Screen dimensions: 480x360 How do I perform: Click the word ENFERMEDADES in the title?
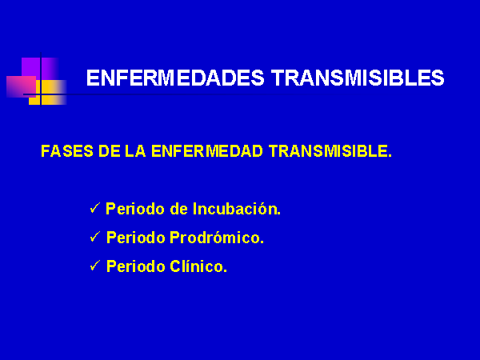[175, 78]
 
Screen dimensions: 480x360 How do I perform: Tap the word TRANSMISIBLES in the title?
[358, 78]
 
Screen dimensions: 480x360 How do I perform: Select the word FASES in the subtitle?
[67, 151]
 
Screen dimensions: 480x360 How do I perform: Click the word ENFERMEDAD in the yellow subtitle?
[207, 151]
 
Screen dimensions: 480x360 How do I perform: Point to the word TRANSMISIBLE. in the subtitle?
[330, 151]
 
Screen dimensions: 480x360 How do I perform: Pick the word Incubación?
[237, 209]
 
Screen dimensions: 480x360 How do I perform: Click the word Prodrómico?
[217, 238]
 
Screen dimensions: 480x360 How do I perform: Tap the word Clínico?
[198, 266]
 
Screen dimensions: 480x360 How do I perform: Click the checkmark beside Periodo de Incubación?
[95, 208]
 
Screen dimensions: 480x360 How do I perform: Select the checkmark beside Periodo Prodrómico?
[95, 237]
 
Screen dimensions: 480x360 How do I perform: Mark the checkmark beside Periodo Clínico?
[95, 266]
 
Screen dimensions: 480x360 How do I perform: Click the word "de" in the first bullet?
[178, 209]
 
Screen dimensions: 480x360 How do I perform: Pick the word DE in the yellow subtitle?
[110, 151]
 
